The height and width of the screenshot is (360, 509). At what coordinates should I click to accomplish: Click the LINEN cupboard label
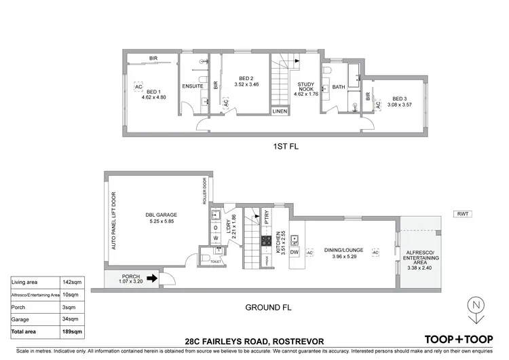[280, 110]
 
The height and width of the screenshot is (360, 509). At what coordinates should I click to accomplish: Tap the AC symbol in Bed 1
[138, 88]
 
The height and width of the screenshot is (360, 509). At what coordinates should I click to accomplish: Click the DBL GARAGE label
[155, 215]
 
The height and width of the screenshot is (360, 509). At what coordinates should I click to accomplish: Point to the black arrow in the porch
[154, 277]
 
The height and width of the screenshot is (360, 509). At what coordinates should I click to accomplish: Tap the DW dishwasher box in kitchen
[295, 253]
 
